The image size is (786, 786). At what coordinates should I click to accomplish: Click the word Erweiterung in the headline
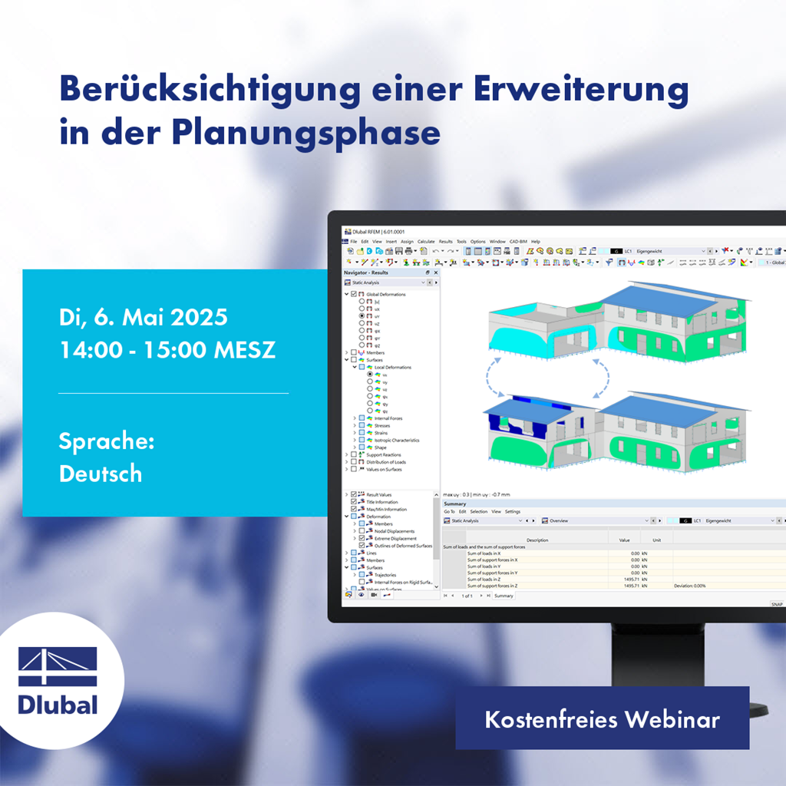pos(580,91)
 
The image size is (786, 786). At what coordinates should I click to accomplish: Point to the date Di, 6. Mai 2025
pos(144,317)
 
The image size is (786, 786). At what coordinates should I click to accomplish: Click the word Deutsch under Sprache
pos(101,474)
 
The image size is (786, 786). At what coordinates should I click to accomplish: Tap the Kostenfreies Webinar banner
pos(602,720)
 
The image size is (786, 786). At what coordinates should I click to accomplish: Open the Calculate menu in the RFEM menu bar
pos(426,242)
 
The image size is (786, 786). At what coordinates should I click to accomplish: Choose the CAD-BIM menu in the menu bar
pos(519,242)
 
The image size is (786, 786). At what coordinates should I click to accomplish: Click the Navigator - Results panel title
pos(366,272)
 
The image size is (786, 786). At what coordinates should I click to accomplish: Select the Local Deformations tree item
pos(392,368)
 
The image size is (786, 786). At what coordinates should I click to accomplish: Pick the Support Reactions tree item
pos(384,455)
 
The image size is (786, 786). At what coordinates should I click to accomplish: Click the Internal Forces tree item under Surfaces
pos(388,418)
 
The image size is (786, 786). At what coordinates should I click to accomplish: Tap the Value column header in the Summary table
pos(624,540)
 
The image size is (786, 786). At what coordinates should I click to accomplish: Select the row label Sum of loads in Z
pos(490,579)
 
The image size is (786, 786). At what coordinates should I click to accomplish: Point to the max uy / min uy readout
pos(477,494)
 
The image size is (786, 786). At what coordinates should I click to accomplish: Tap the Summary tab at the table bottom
pos(504,596)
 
